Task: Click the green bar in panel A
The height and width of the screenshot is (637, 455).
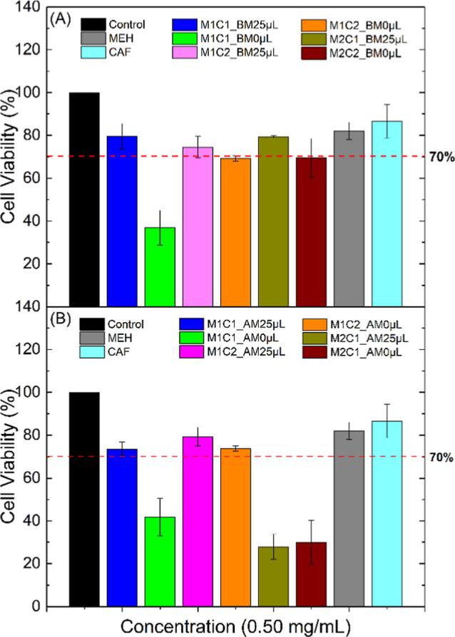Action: (160, 266)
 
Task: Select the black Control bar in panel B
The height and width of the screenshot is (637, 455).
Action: (84, 499)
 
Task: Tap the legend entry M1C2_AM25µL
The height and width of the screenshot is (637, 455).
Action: (213, 350)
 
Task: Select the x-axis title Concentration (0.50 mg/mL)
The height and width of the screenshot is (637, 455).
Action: (235, 626)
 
